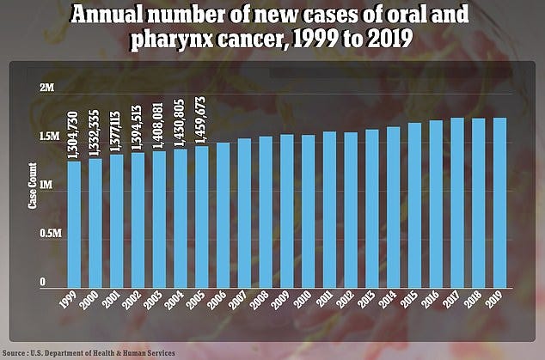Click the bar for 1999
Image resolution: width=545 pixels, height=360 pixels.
75,223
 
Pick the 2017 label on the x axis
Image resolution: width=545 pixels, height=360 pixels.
453,305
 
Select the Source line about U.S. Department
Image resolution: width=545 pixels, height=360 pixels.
89,352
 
